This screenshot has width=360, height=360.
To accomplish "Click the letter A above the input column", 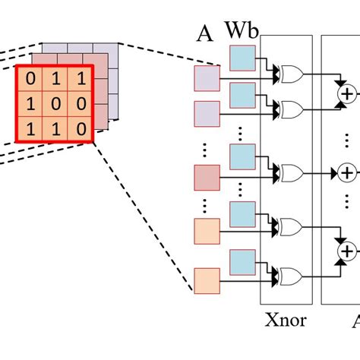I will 204,34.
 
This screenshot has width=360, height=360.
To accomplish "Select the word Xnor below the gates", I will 286,320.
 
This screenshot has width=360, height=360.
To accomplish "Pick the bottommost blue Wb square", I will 242,260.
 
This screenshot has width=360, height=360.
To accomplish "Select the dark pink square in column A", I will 207,176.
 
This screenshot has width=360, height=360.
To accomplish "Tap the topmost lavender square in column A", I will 207,77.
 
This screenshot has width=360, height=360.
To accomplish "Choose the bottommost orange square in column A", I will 207,279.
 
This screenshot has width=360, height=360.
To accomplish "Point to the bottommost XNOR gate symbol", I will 289,276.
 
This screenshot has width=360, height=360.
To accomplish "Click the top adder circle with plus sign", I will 347,93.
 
